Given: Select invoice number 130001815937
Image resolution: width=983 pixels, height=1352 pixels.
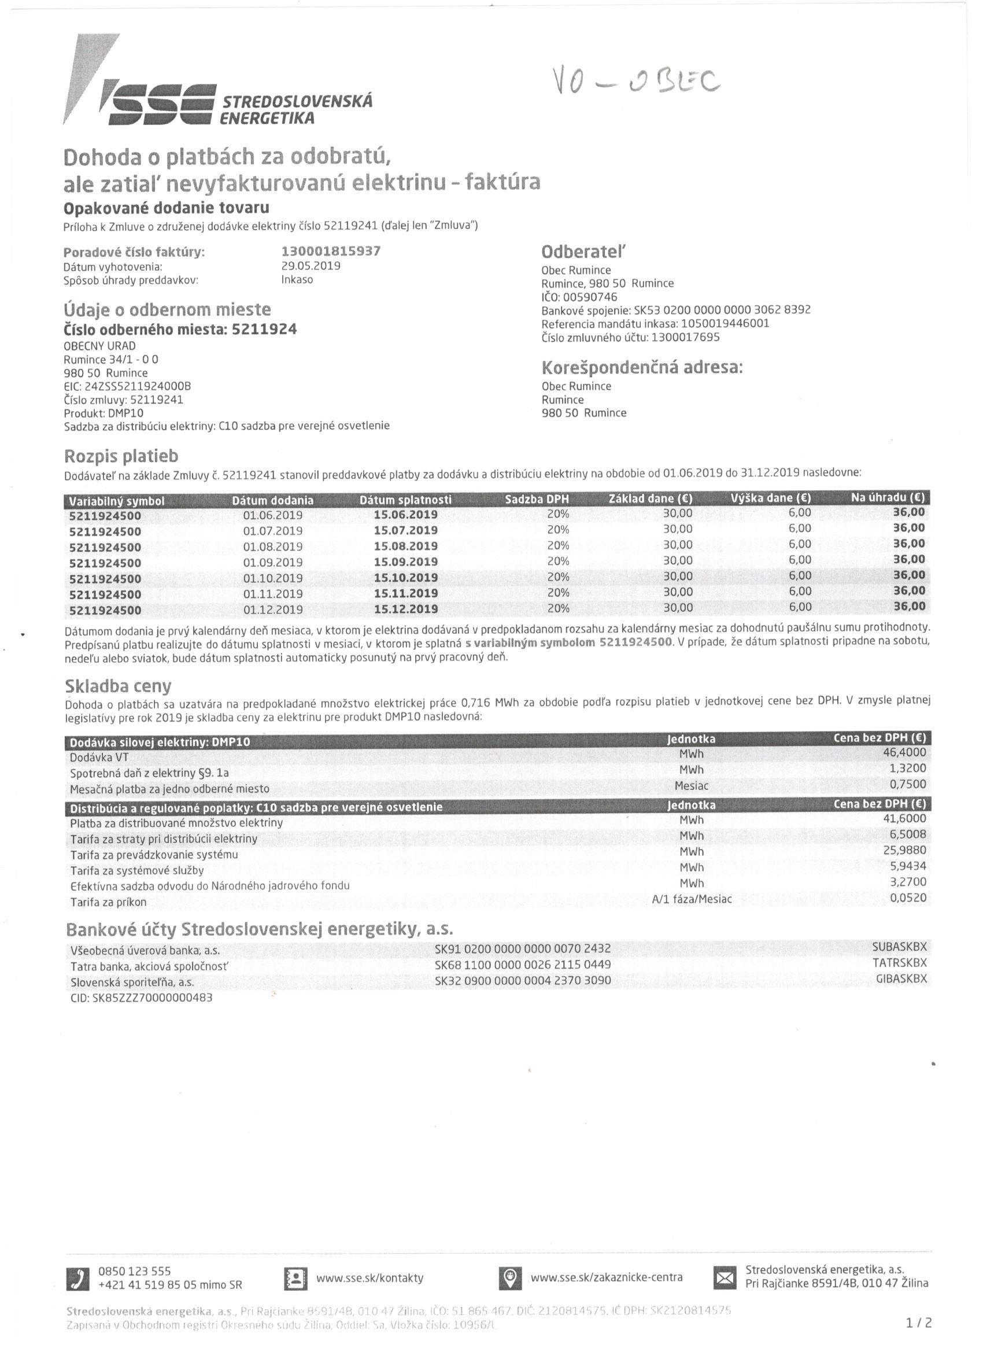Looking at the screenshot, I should click(x=331, y=251).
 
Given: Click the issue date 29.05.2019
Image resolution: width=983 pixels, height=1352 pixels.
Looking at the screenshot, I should click(x=311, y=266).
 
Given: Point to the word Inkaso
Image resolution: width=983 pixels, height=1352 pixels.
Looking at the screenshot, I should click(x=297, y=279).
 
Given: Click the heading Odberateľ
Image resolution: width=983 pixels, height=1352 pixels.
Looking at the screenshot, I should click(x=585, y=252).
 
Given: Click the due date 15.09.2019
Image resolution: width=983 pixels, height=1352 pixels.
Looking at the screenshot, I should click(x=406, y=562).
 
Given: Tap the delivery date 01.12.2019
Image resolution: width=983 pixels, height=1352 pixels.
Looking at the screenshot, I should click(x=273, y=609).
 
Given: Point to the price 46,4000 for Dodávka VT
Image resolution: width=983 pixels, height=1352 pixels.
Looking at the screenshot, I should click(x=905, y=752).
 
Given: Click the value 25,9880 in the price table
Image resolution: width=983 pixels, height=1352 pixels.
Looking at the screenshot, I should click(x=905, y=850).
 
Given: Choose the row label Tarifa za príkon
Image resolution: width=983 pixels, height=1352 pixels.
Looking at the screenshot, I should click(x=108, y=902).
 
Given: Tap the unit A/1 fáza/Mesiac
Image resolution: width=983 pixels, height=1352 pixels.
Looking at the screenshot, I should click(x=692, y=899).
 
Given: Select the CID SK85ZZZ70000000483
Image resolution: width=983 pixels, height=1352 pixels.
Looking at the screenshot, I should click(x=142, y=998).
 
